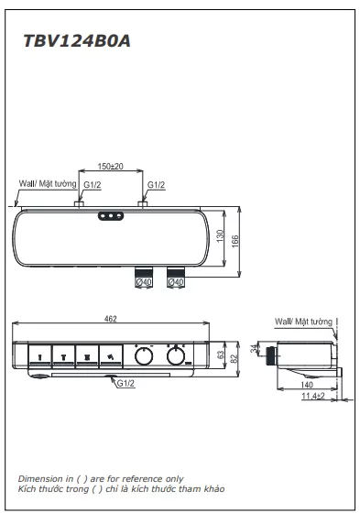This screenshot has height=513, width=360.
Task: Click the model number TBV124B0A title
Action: tap(77, 41)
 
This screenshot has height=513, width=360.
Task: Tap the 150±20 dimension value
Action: tap(111, 166)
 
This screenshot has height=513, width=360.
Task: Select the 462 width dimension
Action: tap(111, 319)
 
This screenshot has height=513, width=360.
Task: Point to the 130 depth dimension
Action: tap(220, 236)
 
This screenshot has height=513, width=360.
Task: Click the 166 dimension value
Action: tap(235, 242)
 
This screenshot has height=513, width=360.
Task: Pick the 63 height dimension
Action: tap(221, 355)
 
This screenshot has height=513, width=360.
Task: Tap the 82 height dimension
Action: tap(234, 358)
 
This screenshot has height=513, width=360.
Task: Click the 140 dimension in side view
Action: tap(307, 385)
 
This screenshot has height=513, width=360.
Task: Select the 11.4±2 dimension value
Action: tap(313, 396)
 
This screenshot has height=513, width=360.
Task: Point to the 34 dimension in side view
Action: tap(255, 349)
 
